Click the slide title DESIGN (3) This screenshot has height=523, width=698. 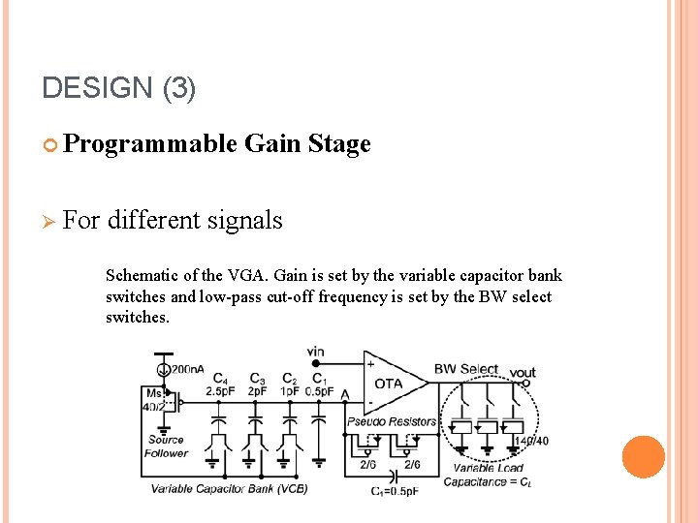tap(119, 88)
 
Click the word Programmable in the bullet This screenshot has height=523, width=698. tap(149, 144)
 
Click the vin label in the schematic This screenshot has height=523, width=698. tap(315, 352)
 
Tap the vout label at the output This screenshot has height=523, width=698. tap(522, 373)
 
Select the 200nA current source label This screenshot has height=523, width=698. tap(187, 370)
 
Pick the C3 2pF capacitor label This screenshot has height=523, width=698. tap(258, 385)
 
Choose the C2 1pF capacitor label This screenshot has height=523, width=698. tap(290, 385)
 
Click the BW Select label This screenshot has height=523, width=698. tap(465, 369)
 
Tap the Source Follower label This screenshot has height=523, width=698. tap(166, 446)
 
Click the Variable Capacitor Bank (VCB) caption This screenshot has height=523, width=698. tap(229, 488)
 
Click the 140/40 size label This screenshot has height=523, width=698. tap(530, 442)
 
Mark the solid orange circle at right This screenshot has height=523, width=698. tap(643, 457)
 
